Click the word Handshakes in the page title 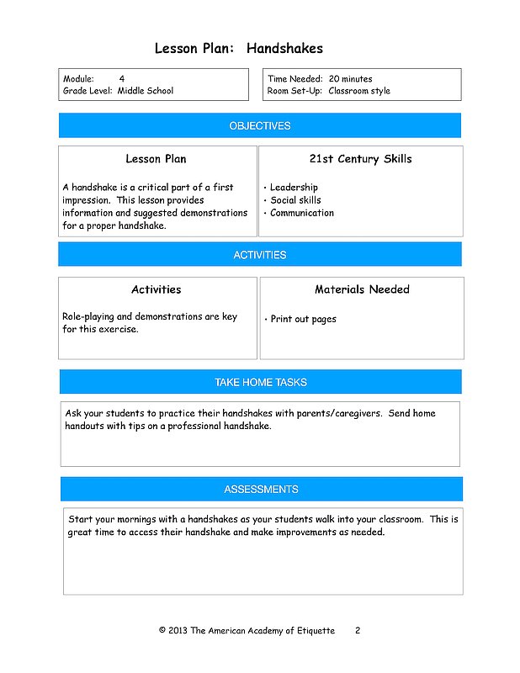coord(284,49)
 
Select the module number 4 coord(122,78)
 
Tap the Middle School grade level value coord(146,91)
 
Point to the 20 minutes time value coord(350,78)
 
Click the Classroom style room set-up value coord(359,91)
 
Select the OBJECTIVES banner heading coord(260,126)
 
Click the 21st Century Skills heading coord(361,159)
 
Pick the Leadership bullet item coord(294,188)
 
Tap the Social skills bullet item coord(295,200)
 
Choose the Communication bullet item coord(301,213)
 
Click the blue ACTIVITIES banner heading coord(260,255)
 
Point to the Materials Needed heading coord(362,289)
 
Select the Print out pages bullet coord(303,320)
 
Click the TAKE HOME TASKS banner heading coord(261,383)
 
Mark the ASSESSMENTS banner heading coord(261,490)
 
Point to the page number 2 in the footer coord(358,630)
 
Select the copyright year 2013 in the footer coord(178,630)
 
